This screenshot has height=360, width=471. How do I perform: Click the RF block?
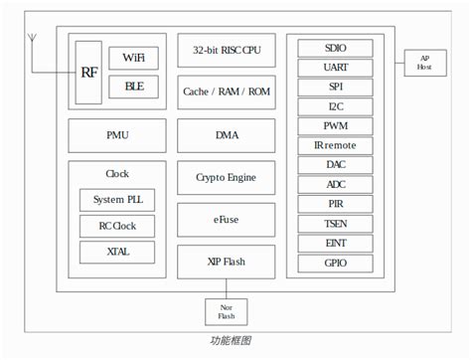coord(88,73)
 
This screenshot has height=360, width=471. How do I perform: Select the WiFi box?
coord(133,58)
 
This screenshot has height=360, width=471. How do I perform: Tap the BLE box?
coord(133,87)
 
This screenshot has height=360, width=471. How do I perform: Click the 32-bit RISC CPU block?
coord(226,49)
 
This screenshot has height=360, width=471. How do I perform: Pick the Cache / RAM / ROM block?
coord(226,91)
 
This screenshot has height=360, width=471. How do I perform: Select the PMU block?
coord(117,134)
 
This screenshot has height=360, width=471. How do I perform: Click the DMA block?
coord(226,134)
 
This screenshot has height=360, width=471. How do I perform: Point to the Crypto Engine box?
coord(226,177)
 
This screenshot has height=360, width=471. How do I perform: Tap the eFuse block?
coord(226,219)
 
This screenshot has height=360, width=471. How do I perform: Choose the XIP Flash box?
coord(226,262)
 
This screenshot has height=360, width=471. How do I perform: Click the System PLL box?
coord(117,200)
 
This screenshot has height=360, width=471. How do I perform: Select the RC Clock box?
coord(117,226)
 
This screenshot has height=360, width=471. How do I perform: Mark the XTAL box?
coord(117,252)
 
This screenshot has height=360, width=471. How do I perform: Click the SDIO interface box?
coord(336,49)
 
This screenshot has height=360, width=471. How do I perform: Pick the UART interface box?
coord(336,68)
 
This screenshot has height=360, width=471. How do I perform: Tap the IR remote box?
coord(336,145)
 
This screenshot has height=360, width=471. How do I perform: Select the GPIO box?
coord(336,264)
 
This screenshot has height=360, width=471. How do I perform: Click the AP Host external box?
coord(424,63)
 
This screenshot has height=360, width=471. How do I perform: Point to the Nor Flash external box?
coord(226,312)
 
